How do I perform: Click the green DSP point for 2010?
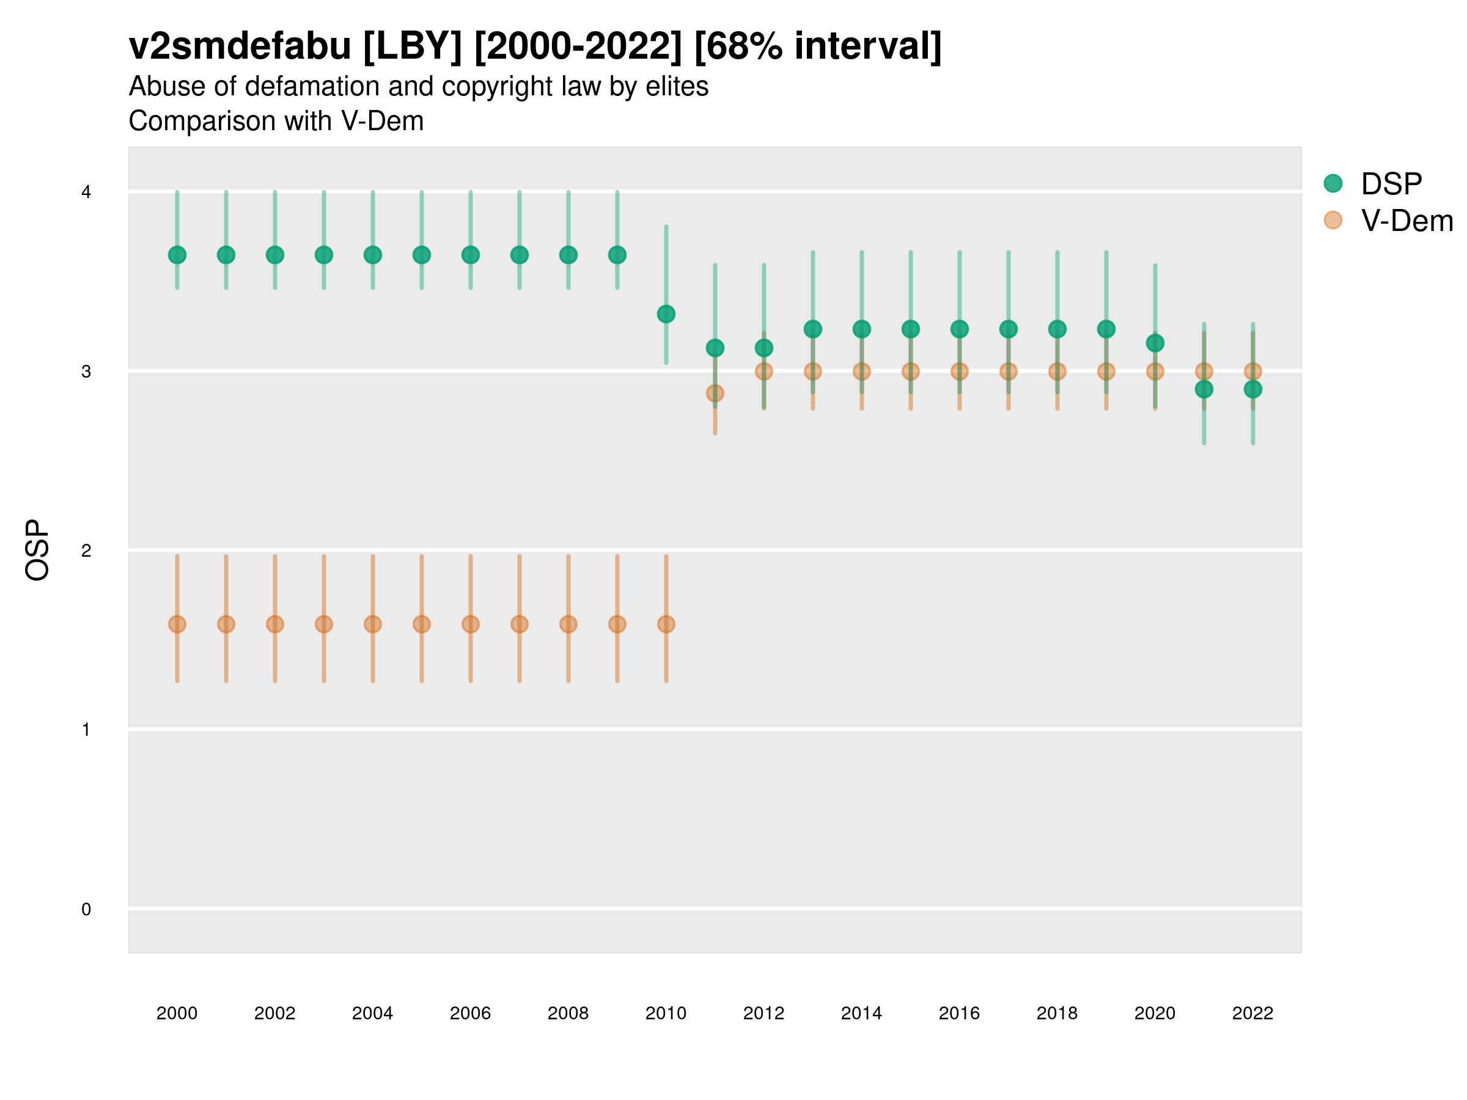tap(666, 313)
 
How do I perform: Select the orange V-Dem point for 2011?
tap(715, 393)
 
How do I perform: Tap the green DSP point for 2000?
tap(177, 255)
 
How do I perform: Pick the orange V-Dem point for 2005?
tap(422, 624)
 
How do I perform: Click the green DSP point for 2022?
tap(1253, 389)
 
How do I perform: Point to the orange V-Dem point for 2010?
tap(666, 624)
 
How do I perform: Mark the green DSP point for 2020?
tap(1155, 343)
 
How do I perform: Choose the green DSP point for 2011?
tap(715, 348)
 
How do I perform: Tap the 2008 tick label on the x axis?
tap(568, 1013)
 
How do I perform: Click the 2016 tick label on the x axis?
tap(959, 1013)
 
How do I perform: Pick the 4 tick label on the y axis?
tap(86, 193)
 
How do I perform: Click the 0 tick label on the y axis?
tap(86, 909)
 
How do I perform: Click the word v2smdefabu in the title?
tap(240, 46)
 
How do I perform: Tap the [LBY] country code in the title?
tap(413, 46)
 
